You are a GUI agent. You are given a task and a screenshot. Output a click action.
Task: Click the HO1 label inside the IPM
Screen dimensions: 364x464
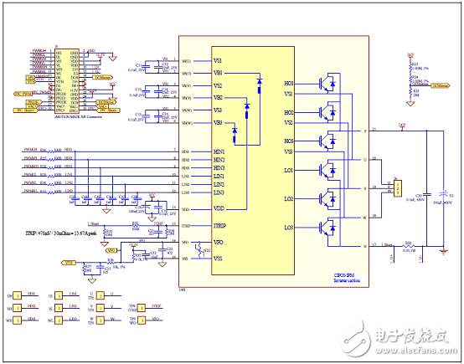click(x=290, y=84)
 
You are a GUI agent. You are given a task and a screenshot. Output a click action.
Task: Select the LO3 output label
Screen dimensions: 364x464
click(x=289, y=228)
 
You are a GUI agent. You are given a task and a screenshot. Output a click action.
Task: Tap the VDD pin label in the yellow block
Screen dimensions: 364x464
click(x=219, y=208)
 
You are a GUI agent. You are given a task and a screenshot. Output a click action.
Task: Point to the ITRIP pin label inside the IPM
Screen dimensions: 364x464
click(x=220, y=226)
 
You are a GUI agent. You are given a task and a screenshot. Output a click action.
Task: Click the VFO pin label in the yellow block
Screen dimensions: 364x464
click(x=219, y=243)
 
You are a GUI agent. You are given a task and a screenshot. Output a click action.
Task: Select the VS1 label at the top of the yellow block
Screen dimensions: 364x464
click(x=219, y=60)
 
